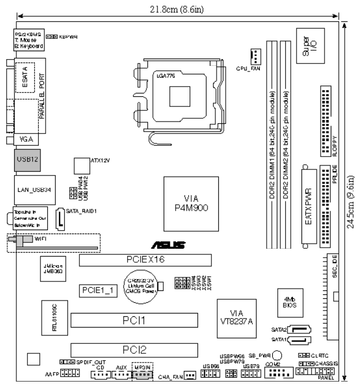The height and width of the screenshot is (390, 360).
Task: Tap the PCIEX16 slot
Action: (x=145, y=260)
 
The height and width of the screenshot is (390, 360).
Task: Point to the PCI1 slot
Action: (x=134, y=321)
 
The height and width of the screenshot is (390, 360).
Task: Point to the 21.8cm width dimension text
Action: (x=175, y=8)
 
